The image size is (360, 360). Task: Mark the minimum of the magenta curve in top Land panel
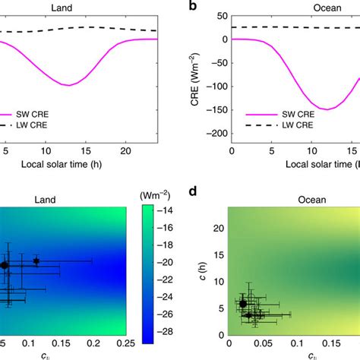(x=69, y=85)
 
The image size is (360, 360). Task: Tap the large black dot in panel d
(x=243, y=303)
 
